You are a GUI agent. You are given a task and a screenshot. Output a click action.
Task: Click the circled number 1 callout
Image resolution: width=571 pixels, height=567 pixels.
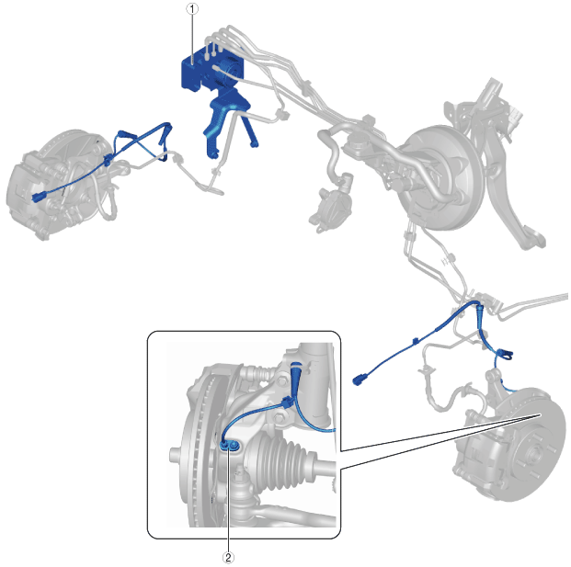pyautogui.click(x=192, y=9)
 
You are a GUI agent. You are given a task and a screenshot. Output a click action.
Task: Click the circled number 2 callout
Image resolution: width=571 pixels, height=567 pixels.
pyautogui.click(x=228, y=557)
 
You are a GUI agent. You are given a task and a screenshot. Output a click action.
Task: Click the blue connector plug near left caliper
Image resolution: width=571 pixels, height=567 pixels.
pyautogui.click(x=39, y=197)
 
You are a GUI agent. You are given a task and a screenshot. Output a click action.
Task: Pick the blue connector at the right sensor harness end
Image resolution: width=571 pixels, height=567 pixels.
pyautogui.click(x=359, y=380)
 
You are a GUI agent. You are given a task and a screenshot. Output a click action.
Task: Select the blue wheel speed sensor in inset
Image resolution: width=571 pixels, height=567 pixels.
pyautogui.click(x=230, y=445)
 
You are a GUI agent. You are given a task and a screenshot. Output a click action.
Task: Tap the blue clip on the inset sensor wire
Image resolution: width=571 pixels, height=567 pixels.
pyautogui.click(x=288, y=403)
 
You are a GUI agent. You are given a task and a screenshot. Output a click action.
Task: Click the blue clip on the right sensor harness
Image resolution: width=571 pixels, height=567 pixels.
pyautogui.click(x=415, y=341)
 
